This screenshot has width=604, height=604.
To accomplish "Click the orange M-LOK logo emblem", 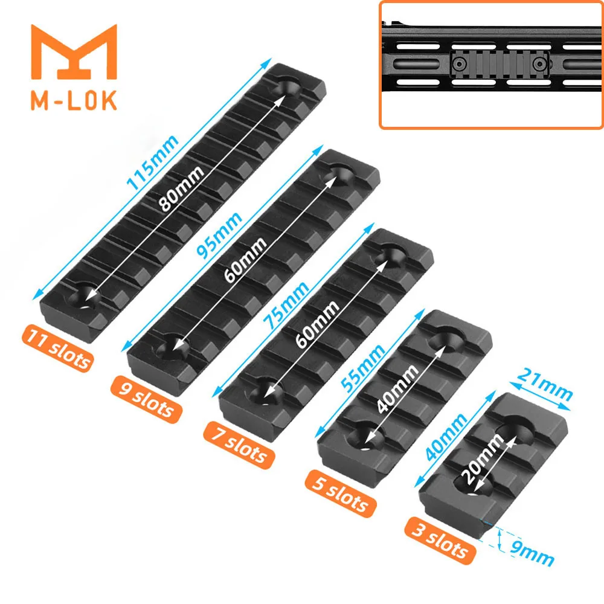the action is pos(74,52).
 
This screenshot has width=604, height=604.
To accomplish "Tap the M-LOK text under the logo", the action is pos(74,100).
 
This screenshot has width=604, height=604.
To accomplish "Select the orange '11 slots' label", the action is pos(58,349).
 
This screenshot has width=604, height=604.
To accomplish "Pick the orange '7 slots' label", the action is pos(239,445).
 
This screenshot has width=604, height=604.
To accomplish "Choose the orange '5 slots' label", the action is pos(341,493).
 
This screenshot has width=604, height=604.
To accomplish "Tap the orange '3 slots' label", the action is pos(440,541).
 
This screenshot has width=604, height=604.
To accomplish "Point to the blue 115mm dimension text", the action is pos(153,163).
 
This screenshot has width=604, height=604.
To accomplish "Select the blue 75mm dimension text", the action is pos(286,305).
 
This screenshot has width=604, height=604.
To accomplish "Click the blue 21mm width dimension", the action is pos(544,385).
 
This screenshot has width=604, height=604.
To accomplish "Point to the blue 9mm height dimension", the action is pos(532,553).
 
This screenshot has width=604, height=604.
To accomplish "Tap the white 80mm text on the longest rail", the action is pos(181,188).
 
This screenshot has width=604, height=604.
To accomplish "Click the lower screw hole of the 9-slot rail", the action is pos(172,347).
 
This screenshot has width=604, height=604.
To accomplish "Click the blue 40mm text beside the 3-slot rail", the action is pos(446,437).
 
